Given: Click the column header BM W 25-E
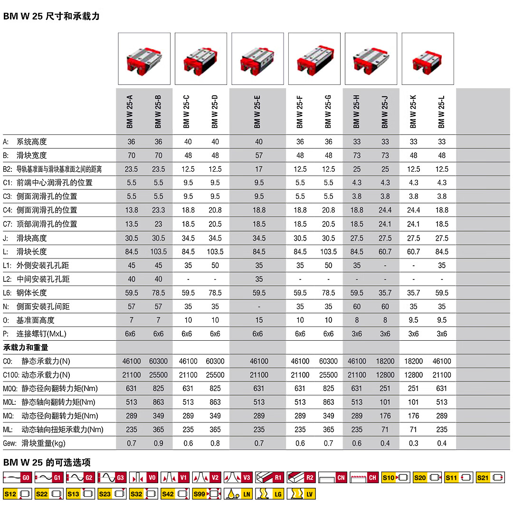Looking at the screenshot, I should [257, 112].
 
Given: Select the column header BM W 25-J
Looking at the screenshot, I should [385, 112].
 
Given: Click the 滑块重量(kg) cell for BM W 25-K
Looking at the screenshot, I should [414, 443].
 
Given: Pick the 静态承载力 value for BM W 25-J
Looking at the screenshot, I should [385, 361].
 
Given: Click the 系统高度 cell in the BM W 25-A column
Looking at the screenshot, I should [132, 141].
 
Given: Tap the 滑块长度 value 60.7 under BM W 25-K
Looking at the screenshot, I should [414, 252].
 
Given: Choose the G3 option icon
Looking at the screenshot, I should [112, 477].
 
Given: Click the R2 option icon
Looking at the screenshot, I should [301, 477].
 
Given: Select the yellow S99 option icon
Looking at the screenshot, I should [207, 494].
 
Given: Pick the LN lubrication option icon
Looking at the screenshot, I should [238, 494].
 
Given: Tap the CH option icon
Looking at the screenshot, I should [364, 477].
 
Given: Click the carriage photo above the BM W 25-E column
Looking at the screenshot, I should [257, 59].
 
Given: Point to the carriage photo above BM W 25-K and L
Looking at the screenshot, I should [427, 59].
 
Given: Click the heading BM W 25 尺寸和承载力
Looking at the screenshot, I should [51, 17].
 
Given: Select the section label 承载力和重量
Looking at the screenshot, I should [26, 347].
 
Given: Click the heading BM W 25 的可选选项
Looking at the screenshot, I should [47, 462].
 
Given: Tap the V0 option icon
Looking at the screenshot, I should [143, 477].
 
